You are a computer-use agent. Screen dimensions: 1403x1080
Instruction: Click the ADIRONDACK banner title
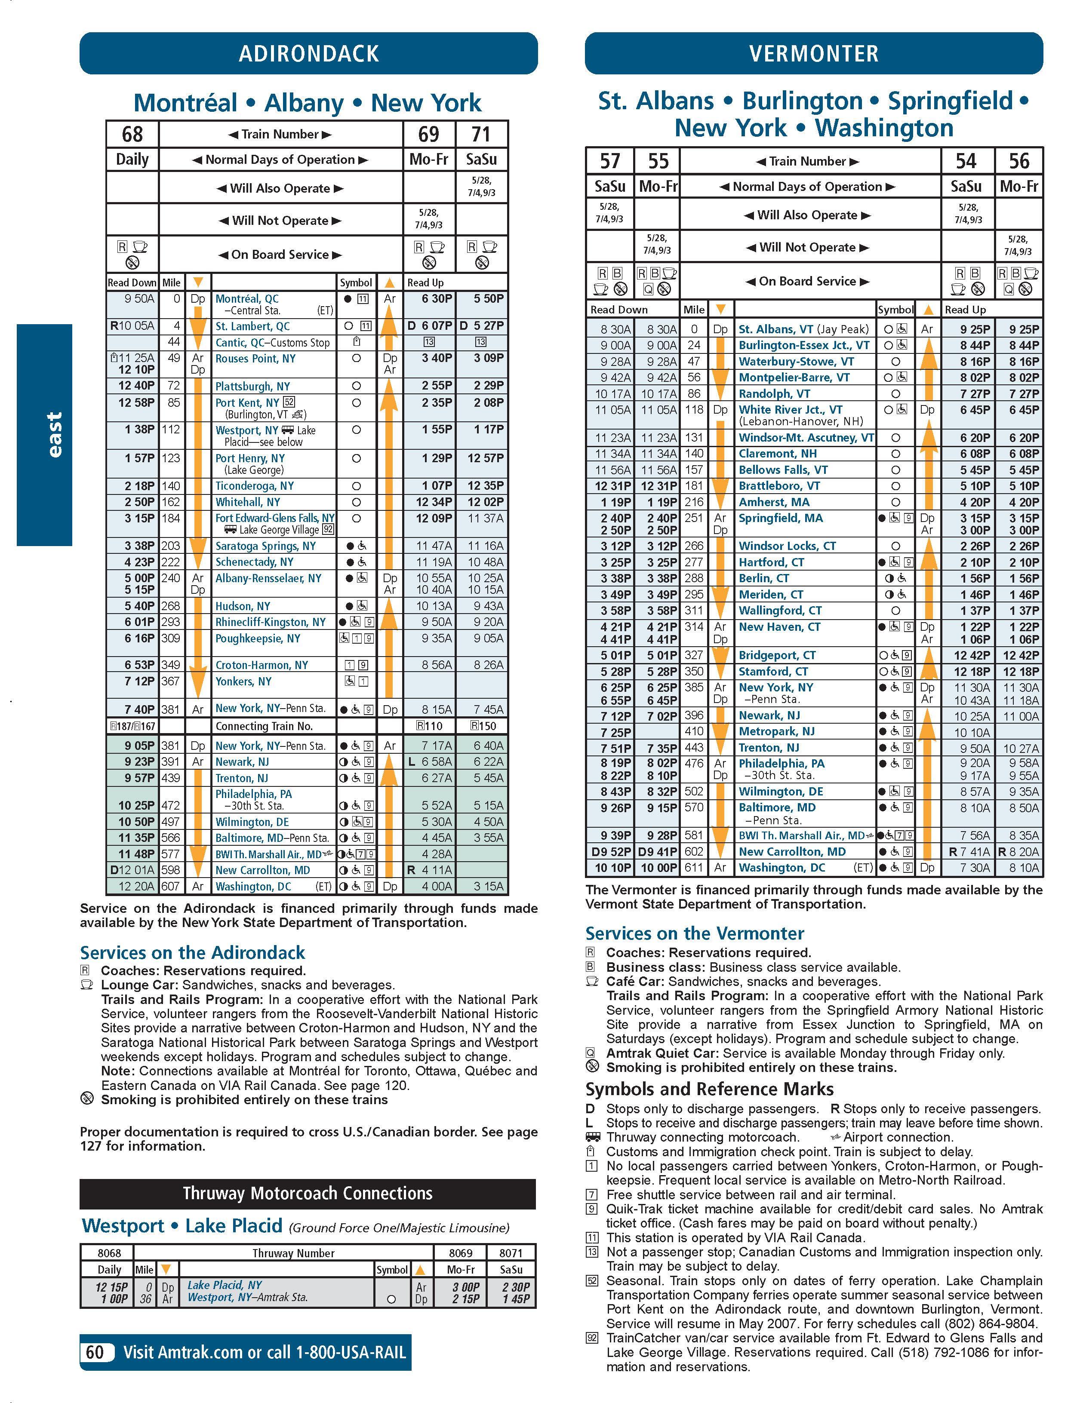tap(308, 53)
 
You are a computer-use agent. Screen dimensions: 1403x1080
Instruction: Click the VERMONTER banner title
tap(813, 53)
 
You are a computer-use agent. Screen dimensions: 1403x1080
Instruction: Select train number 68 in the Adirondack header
tap(132, 134)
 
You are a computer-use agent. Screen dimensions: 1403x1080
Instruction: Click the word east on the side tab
tap(55, 435)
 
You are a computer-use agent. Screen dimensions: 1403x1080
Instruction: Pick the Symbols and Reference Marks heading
tap(709, 1089)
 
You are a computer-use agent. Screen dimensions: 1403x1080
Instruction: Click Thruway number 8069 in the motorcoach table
tap(460, 1253)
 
